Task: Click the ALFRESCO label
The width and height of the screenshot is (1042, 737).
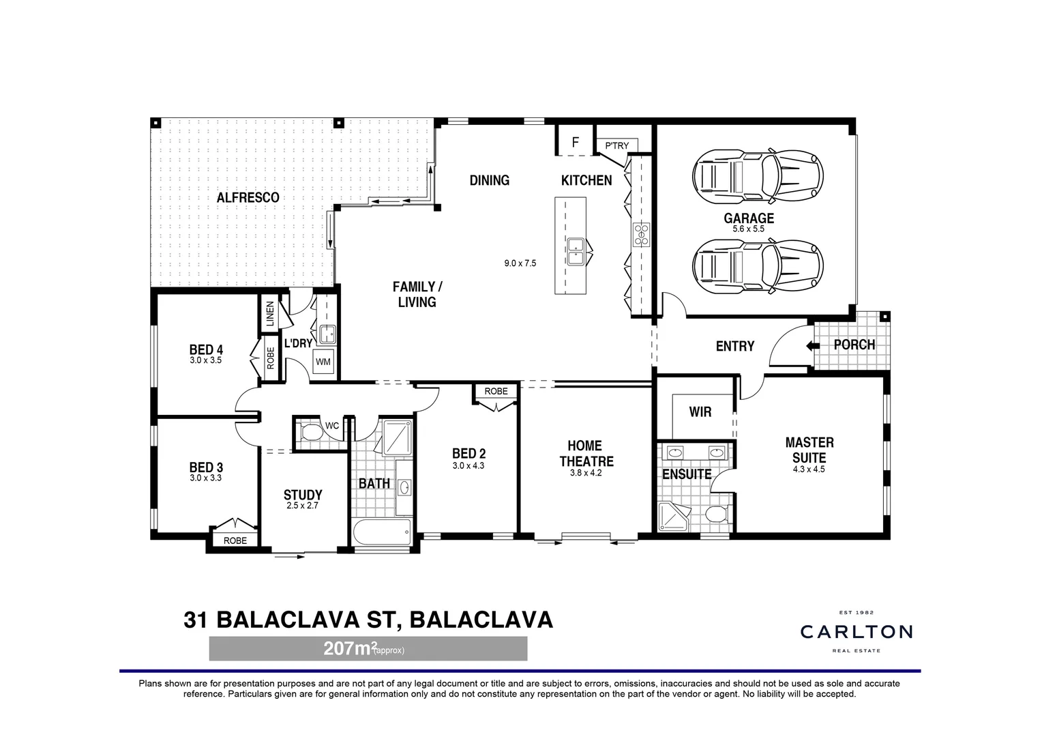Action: point(248,198)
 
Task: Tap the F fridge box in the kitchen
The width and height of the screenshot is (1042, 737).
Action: point(575,143)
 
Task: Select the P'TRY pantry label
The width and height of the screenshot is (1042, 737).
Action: point(616,146)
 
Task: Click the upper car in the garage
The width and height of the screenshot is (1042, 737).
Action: point(758,175)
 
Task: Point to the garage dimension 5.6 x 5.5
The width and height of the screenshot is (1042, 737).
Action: point(748,229)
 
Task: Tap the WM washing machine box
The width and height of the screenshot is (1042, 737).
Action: point(323,362)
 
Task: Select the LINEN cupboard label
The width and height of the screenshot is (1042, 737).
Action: point(270,314)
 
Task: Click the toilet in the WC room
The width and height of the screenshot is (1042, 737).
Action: point(311,433)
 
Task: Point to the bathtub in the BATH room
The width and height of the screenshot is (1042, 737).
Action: point(382,532)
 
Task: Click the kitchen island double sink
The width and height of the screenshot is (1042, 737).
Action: point(575,250)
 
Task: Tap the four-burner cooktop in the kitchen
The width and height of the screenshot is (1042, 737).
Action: point(641,234)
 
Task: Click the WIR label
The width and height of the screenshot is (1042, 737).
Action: point(700,412)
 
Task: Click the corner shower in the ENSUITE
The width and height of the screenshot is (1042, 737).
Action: point(673,517)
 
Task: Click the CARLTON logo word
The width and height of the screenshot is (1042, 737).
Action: point(856,632)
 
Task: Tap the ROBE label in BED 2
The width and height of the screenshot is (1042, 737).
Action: point(496,392)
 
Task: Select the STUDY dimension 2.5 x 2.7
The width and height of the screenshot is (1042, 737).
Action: point(302,506)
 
